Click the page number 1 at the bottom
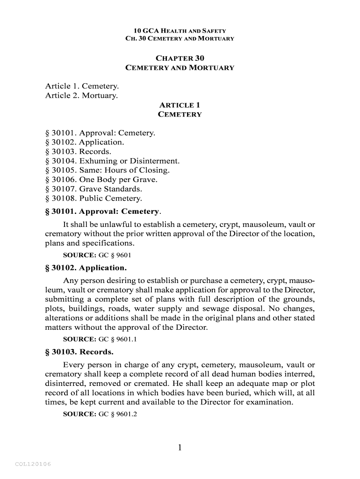coord(180,448)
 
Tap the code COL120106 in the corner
coord(33,464)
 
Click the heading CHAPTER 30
coord(180,58)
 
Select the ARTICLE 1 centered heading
coord(180,105)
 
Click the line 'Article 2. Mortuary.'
coord(81,95)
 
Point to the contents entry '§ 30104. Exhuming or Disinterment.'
coord(112,161)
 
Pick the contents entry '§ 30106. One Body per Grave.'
coord(101,180)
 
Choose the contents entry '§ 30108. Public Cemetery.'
coord(93,198)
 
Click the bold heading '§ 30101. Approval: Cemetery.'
coord(103,211)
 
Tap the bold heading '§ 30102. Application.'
coord(86,268)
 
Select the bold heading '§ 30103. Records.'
coord(79,351)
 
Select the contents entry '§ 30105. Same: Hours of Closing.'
coord(107,170)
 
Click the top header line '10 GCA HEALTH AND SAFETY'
coord(180,31)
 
